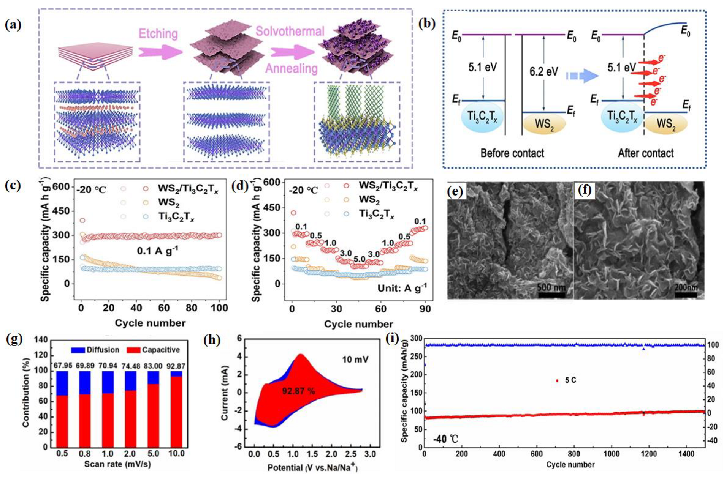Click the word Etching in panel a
(158, 34)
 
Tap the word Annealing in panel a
(292, 69)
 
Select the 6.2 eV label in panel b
(543, 71)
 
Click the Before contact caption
(512, 153)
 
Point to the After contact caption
(645, 153)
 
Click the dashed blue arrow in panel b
(582, 76)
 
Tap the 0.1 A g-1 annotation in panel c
(157, 251)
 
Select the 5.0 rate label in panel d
(359, 259)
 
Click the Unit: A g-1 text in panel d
(402, 288)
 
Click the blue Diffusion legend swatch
(78, 350)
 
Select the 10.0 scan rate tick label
(176, 453)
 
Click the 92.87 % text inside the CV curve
(298, 391)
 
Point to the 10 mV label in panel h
(355, 359)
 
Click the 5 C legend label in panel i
(570, 380)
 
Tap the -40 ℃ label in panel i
(445, 439)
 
